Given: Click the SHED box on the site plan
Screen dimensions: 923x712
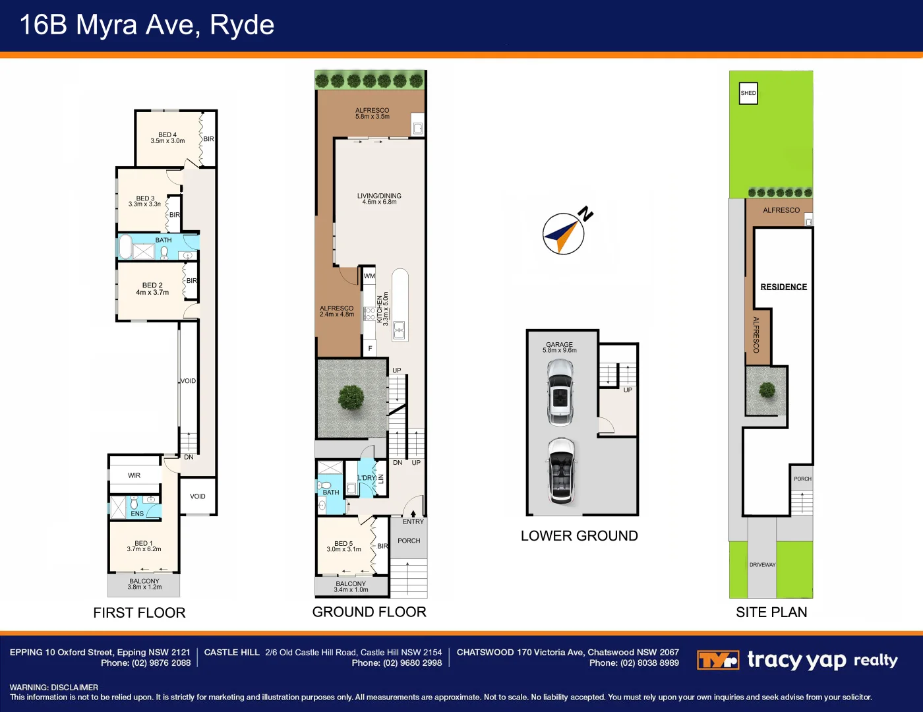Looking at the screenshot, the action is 748,93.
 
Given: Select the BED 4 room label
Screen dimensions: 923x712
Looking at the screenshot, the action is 167,134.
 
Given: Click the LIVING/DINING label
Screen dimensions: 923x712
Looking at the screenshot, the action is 379,196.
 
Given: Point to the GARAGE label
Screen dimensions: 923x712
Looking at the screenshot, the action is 560,344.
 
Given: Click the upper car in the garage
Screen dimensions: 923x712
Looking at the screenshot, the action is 560,392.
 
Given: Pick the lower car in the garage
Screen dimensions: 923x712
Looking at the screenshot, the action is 562,471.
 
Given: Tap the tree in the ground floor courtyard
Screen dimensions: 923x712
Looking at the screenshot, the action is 351,398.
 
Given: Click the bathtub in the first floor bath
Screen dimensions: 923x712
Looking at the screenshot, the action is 125,247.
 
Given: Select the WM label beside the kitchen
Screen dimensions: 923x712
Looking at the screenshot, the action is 369,276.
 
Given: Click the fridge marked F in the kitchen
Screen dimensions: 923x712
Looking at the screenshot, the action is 370,348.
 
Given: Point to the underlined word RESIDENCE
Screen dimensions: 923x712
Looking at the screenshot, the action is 784,287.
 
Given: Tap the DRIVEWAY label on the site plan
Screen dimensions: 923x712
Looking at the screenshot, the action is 762,565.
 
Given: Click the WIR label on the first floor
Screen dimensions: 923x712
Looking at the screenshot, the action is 134,475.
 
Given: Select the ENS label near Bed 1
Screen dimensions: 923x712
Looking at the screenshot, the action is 136,514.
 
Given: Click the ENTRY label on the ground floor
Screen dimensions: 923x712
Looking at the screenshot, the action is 413,521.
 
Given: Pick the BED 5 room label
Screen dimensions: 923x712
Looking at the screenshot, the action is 343,543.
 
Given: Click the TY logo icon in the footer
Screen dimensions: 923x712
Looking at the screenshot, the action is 718,660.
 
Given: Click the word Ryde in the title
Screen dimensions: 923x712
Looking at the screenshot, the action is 242,26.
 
